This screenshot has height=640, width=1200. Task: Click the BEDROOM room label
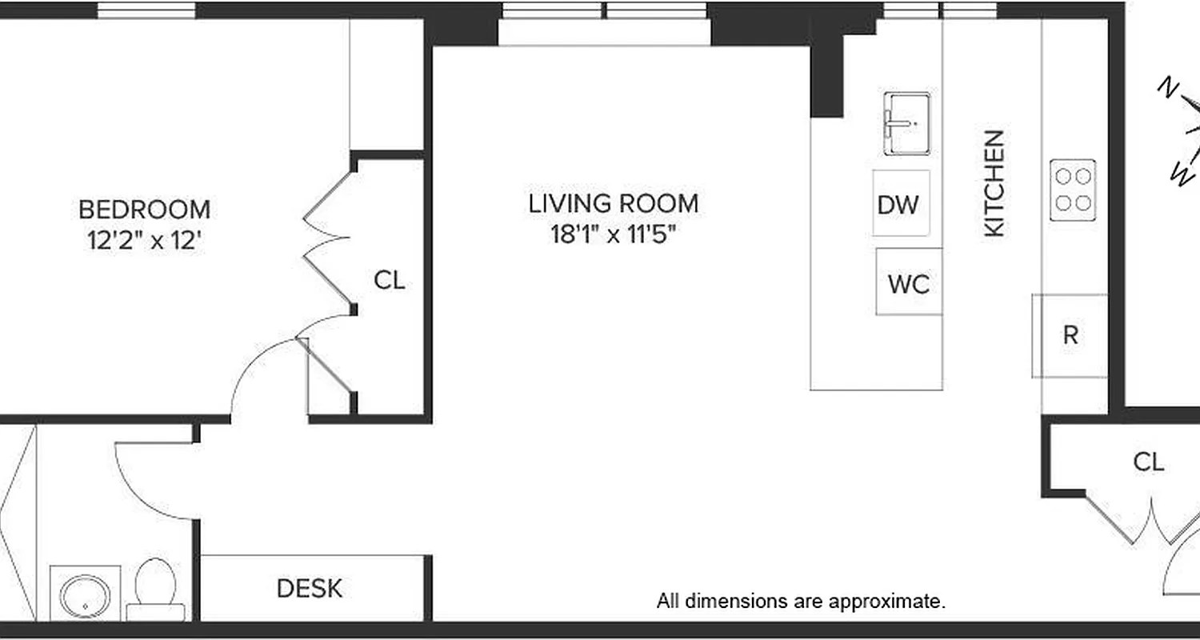click(145, 210)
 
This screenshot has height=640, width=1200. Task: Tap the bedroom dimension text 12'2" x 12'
click(143, 240)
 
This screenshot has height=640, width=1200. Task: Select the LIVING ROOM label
click(613, 203)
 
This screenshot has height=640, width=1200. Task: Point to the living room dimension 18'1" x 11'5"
click(613, 234)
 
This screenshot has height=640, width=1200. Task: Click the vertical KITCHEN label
click(994, 183)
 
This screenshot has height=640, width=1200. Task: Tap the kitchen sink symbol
click(907, 123)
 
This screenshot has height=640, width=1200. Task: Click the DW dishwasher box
click(900, 204)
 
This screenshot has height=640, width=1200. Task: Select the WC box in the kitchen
click(908, 282)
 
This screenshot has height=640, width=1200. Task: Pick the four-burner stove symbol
click(1073, 190)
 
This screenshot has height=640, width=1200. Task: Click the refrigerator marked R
click(1070, 335)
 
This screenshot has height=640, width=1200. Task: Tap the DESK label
click(310, 589)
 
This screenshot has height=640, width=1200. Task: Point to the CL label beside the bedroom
click(390, 280)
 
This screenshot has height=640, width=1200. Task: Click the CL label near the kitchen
click(1148, 462)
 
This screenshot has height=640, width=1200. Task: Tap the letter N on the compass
click(1169, 87)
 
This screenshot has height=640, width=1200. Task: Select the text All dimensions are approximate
click(801, 601)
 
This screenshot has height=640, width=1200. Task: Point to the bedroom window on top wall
click(146, 10)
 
